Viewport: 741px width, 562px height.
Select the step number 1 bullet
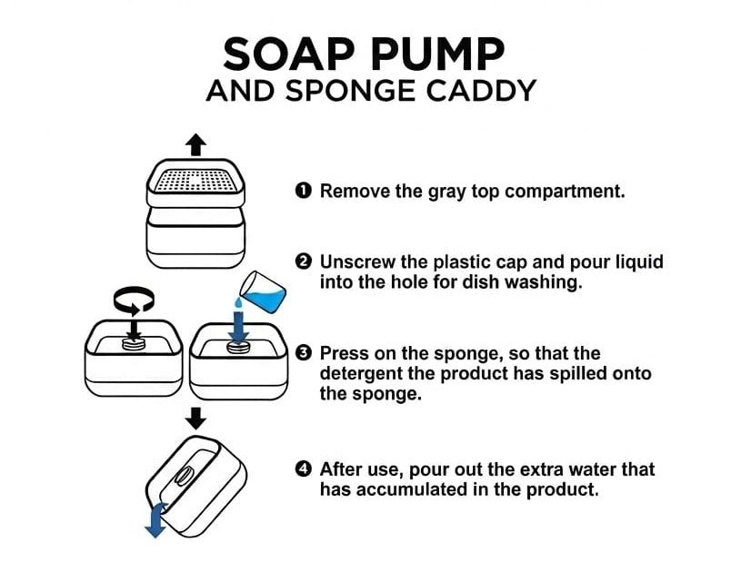[304, 191]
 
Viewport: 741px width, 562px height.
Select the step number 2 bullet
[304, 262]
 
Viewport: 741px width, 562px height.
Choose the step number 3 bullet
[304, 353]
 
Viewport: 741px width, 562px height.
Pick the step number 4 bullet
[304, 469]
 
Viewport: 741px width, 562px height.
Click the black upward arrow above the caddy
[196, 143]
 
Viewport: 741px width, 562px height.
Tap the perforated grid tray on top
[196, 181]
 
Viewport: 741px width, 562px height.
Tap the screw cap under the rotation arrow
[135, 343]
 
